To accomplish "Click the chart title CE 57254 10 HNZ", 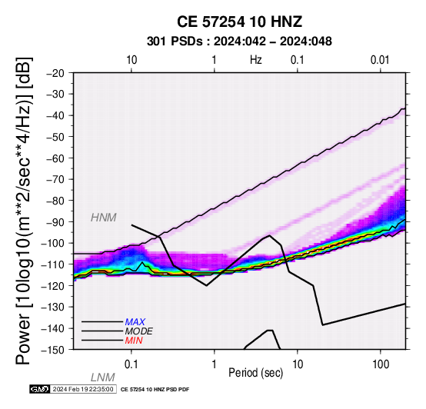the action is click(x=239, y=22).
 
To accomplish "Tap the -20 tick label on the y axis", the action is click(x=55, y=73).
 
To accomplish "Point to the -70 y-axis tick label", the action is click(x=55, y=180).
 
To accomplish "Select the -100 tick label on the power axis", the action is click(x=53, y=244).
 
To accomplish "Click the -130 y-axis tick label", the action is click(x=53, y=308).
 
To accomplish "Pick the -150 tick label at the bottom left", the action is click(x=53, y=350).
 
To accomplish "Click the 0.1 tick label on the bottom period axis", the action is click(x=131, y=364).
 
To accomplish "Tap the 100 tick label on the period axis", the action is click(x=381, y=364).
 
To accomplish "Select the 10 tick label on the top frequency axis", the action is click(x=131, y=60).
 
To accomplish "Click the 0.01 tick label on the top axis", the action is click(x=380, y=60).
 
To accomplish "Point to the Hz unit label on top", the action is click(x=255, y=60).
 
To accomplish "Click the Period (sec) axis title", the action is click(x=255, y=373).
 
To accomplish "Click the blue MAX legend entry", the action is click(x=135, y=322).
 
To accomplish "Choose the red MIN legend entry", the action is click(x=134, y=341).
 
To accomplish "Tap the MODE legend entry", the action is click(x=139, y=331).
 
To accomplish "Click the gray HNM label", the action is click(x=104, y=218).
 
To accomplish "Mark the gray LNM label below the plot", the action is click(x=103, y=377).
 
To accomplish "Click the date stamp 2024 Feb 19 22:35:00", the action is click(x=83, y=390).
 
